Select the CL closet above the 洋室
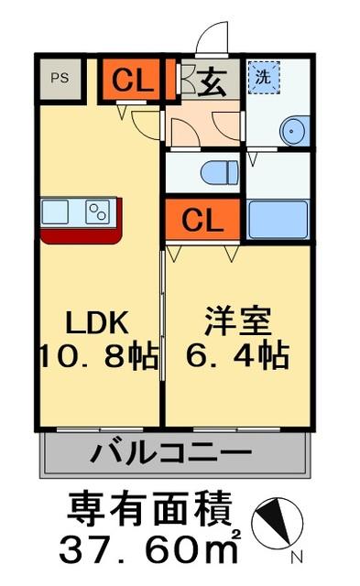pos(202,221)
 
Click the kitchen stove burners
pos(97,212)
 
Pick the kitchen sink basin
pos(57,212)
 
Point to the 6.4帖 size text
pos(235,354)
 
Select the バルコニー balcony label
pos(172,452)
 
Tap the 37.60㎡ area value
pos(151,549)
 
